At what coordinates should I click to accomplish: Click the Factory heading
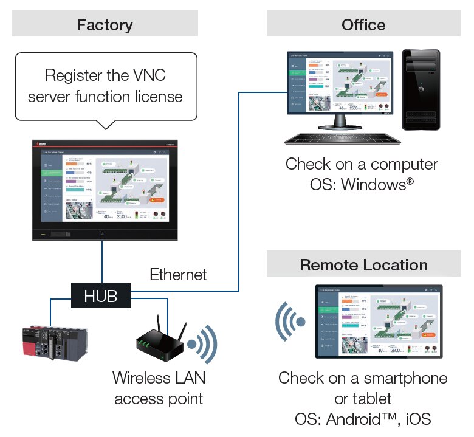pyautogui.click(x=105, y=25)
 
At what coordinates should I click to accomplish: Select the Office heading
pyautogui.click(x=363, y=25)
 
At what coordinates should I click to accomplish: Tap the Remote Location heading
pyautogui.click(x=363, y=265)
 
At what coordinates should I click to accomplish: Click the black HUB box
pyautogui.click(x=101, y=296)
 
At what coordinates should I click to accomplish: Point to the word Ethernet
pyautogui.click(x=178, y=275)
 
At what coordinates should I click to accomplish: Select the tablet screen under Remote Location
pyautogui.click(x=379, y=321)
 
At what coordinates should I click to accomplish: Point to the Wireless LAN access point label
pyautogui.click(x=159, y=388)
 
